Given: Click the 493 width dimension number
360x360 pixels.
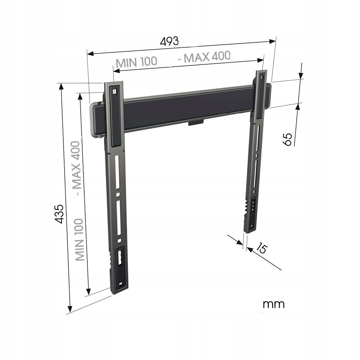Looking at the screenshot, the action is tap(169, 41).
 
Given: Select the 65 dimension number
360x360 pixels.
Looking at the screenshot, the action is tap(287, 139).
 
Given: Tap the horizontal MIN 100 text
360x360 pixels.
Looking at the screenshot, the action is tap(136, 62).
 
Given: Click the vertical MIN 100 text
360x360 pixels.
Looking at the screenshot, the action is tap(79, 240).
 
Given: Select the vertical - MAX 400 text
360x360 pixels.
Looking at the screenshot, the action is tap(76, 168).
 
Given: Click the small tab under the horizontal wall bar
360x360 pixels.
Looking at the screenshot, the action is tap(196, 123).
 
